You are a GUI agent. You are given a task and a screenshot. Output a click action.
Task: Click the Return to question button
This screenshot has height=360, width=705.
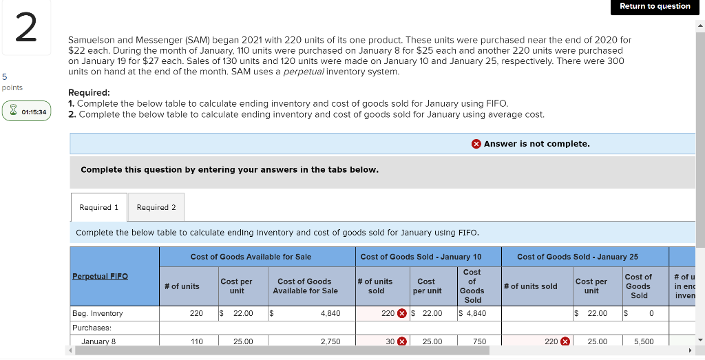tap(654, 6)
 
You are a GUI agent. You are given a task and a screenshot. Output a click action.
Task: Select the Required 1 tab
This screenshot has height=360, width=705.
tap(98, 207)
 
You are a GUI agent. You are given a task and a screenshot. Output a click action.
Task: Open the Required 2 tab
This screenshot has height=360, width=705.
tap(156, 207)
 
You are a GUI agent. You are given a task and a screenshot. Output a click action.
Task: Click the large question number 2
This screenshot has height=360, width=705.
tap(25, 29)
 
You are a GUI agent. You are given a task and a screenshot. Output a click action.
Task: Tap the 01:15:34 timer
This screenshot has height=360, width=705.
tap(27, 112)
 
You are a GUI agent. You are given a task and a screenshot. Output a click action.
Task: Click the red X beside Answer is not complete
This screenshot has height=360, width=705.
tap(476, 144)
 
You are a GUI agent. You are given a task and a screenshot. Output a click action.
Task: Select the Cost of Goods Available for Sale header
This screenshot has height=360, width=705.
tap(251, 257)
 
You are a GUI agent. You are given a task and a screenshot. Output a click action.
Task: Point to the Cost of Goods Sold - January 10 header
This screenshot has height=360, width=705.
tap(421, 257)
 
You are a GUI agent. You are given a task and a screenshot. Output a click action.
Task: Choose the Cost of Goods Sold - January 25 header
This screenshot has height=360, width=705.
tap(577, 257)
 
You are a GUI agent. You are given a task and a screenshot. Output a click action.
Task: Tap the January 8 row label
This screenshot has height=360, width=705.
tap(98, 341)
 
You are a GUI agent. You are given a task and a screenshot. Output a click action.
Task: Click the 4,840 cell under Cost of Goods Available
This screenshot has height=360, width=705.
tap(330, 313)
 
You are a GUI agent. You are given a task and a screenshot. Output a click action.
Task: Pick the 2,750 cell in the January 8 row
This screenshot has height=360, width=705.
tap(330, 341)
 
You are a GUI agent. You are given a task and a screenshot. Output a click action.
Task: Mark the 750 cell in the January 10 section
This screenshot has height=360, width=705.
tap(479, 341)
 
